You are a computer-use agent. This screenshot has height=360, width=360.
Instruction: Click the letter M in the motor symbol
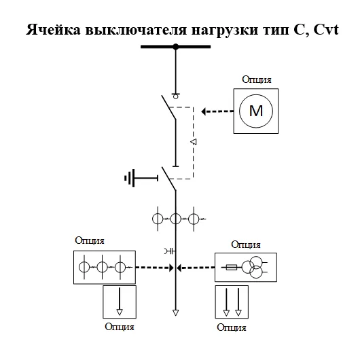(x=256, y=111)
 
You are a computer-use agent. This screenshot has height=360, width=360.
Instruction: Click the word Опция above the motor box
(x=257, y=79)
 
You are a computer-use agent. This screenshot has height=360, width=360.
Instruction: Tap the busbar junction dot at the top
(x=175, y=46)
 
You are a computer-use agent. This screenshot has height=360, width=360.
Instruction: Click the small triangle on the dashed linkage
(x=193, y=142)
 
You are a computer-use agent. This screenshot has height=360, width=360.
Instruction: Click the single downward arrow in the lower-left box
(x=119, y=301)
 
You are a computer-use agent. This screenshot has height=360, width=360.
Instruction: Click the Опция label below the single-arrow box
(x=120, y=327)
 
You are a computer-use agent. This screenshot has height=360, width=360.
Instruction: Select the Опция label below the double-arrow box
(x=232, y=327)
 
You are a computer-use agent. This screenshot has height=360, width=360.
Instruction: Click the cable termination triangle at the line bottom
(x=175, y=313)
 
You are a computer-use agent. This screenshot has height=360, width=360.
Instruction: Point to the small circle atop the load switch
(x=175, y=96)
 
